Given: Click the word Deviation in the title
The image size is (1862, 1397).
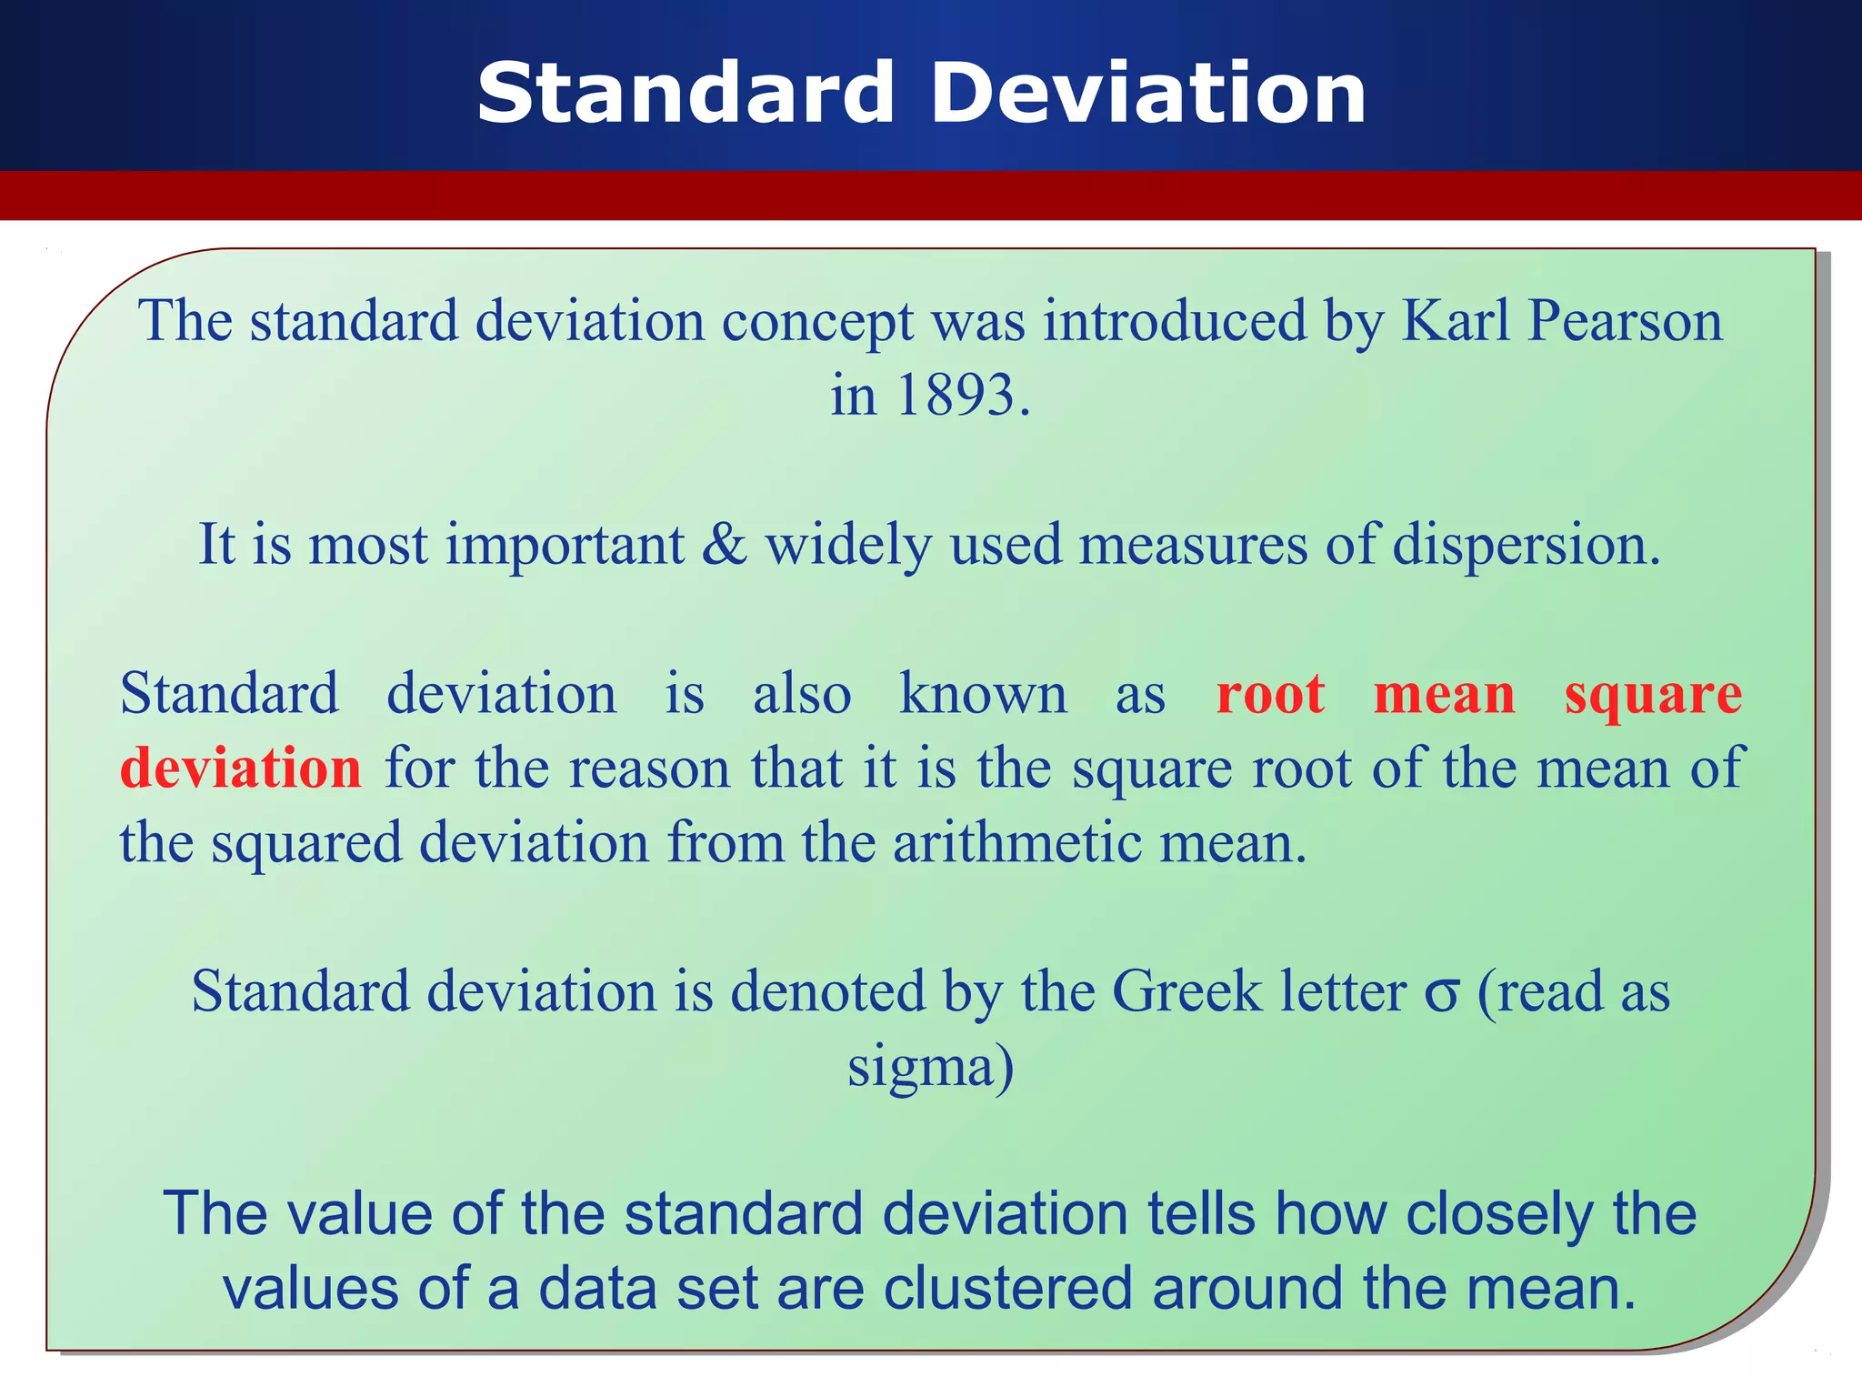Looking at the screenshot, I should point(1148,93).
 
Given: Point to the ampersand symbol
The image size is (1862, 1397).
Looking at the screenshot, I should point(724,545).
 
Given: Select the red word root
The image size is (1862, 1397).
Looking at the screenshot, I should point(1269,695).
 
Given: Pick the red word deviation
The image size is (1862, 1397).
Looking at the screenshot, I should point(241,769).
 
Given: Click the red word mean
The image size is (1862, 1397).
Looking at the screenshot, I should point(1444,695).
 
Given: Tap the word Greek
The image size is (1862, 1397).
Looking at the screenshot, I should point(1186,990).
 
